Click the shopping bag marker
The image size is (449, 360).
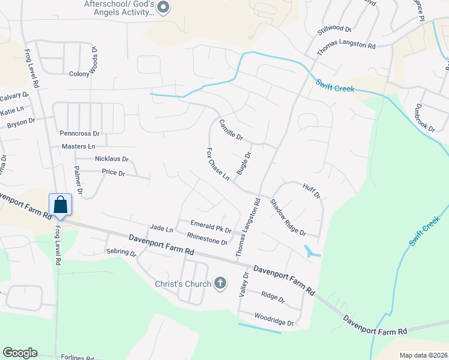pyautogui.click(x=61, y=205)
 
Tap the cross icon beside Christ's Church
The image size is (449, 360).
pyautogui.click(x=220, y=283)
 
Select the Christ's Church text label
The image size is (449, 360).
pyautogui.click(x=183, y=284)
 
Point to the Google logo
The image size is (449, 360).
pyautogui.click(x=20, y=353)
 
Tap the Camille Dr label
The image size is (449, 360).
pyautogui.click(x=231, y=129)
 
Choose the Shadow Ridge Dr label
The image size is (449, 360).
pyautogui.click(x=288, y=217)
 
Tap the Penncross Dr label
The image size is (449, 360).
pyautogui.click(x=79, y=133)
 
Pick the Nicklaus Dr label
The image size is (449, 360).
pyautogui.click(x=112, y=159)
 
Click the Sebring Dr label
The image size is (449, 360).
pyautogui.click(x=121, y=253)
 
